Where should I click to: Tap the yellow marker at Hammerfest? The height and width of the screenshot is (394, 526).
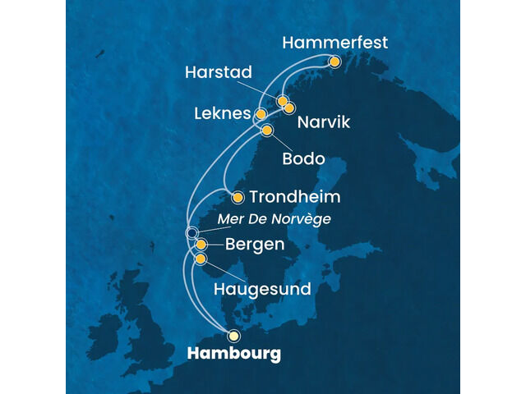click(x=335, y=62)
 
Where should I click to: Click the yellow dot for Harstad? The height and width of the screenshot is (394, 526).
click(x=282, y=102)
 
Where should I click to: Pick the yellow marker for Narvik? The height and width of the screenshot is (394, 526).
click(x=289, y=108)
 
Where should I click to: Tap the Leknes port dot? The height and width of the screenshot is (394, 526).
click(x=261, y=114)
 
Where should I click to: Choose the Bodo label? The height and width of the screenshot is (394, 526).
click(x=303, y=158)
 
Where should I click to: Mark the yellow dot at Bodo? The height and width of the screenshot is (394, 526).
click(x=266, y=131)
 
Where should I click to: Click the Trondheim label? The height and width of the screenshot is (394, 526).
click(x=293, y=198)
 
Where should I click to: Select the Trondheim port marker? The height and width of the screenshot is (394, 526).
click(x=238, y=197)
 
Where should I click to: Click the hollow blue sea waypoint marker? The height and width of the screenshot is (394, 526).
click(x=191, y=233)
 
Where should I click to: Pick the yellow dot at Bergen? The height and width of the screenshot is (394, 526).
click(x=201, y=245)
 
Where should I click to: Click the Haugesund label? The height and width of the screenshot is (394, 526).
click(x=261, y=289)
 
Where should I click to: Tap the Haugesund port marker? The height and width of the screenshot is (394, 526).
click(x=201, y=259)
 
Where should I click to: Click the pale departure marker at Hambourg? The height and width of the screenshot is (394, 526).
click(x=234, y=335)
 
